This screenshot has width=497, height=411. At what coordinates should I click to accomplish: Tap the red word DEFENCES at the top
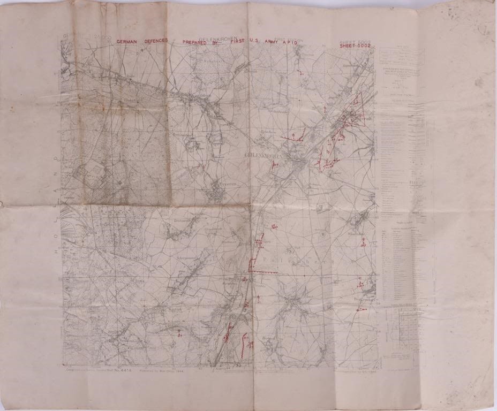156,41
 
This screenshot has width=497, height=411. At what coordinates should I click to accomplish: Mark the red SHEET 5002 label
355,47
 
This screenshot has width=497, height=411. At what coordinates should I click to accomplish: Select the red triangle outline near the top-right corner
358,110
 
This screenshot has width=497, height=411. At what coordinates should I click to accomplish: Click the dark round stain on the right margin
478,83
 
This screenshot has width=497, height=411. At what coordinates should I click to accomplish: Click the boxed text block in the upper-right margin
402,56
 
